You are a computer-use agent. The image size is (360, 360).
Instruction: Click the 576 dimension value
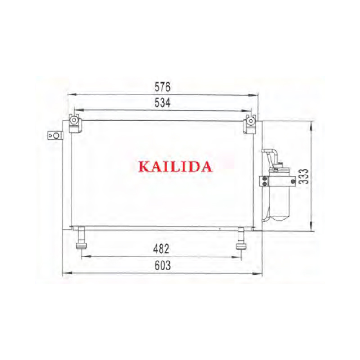(162, 87)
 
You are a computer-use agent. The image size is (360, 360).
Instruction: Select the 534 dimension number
(162, 103)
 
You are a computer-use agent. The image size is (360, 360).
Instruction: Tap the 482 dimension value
(162, 249)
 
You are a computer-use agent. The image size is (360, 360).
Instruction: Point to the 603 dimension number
(162, 265)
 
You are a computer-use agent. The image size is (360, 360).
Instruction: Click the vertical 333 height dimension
(304, 176)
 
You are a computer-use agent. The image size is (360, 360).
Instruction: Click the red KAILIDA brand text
(175, 166)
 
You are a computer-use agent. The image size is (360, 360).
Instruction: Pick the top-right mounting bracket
(250, 124)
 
